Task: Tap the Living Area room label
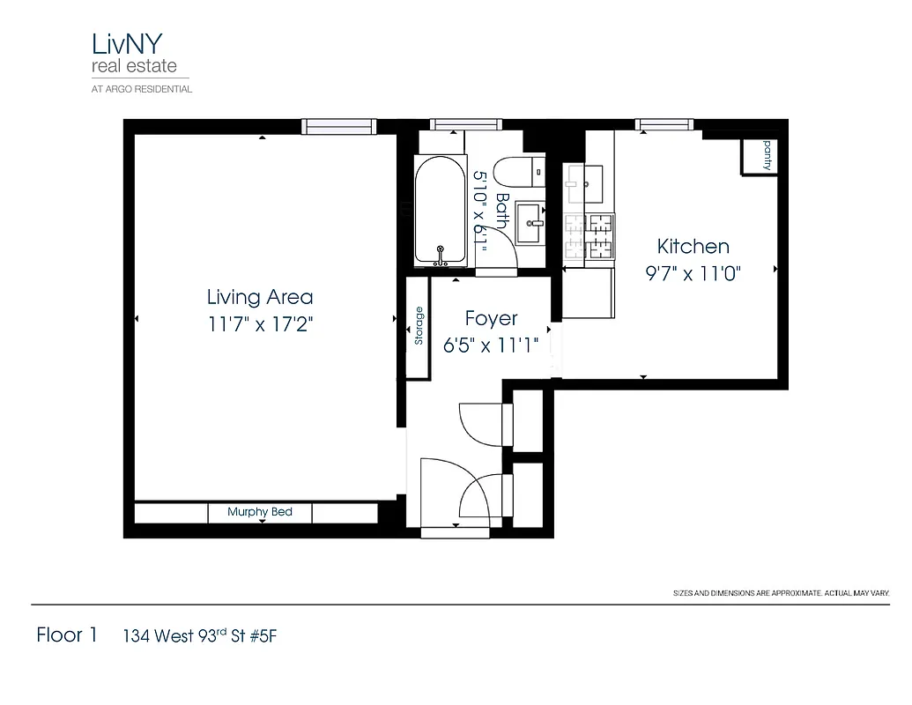point(260,297)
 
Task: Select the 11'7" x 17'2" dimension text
point(260,324)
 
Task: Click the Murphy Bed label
point(260,512)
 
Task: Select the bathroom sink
point(530,220)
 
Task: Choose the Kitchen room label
point(693,247)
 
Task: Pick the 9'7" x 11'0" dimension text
point(693,273)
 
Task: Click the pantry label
point(766,154)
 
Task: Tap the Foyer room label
point(491,319)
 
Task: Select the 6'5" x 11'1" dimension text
point(491,345)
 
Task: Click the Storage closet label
point(419,326)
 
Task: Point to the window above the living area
point(339,126)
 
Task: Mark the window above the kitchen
point(664,125)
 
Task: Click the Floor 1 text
point(66,635)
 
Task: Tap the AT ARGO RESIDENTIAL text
point(142,89)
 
